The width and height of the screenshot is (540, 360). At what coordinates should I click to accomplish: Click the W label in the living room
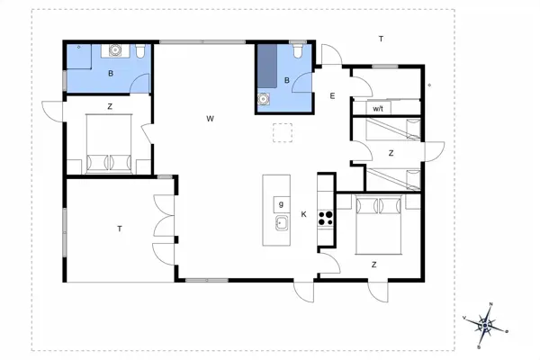(x=209, y=119)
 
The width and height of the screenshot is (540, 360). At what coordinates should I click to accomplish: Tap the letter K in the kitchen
(x=304, y=214)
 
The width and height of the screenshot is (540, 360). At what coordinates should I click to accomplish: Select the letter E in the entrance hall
(x=332, y=96)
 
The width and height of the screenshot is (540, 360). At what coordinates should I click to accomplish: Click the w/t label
(x=378, y=108)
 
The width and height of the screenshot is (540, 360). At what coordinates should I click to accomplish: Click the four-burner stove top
(x=325, y=216)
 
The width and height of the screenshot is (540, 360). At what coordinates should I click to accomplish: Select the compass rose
(x=487, y=324)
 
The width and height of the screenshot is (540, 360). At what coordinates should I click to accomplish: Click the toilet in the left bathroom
(x=141, y=51)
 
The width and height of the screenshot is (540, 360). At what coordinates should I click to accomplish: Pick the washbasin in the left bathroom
(x=114, y=50)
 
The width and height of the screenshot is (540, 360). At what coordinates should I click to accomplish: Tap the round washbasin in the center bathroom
(x=264, y=99)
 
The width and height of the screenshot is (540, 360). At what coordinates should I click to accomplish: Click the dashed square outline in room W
(x=284, y=134)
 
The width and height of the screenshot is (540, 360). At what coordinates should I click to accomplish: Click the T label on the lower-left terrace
(x=119, y=229)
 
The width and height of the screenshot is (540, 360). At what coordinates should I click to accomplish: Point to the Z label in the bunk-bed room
(x=391, y=153)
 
